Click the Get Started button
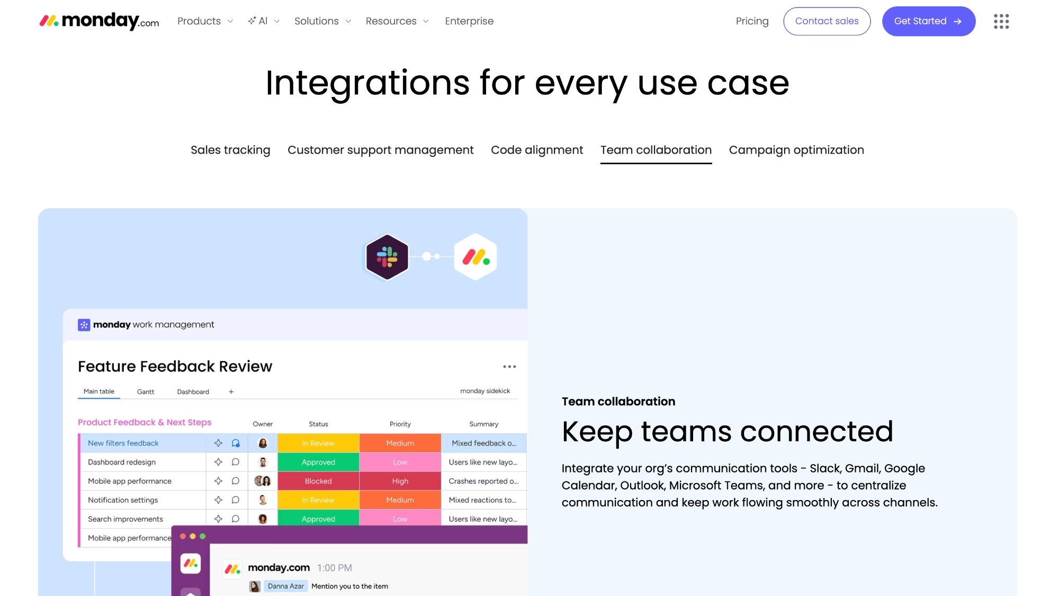(x=928, y=21)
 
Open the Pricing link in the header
(x=752, y=21)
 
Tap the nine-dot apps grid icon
(x=1001, y=21)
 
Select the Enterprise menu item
(x=469, y=21)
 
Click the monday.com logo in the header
(x=99, y=21)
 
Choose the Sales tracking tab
(x=230, y=150)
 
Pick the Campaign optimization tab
(x=796, y=150)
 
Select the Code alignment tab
(x=537, y=150)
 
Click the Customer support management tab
(x=380, y=150)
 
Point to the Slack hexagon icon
(x=387, y=257)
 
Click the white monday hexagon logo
(x=475, y=257)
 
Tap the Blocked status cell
(x=318, y=481)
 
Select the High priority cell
(x=400, y=481)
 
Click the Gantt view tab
(x=146, y=392)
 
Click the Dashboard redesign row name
(x=122, y=462)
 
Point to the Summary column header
(x=483, y=424)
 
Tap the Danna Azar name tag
(x=286, y=586)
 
